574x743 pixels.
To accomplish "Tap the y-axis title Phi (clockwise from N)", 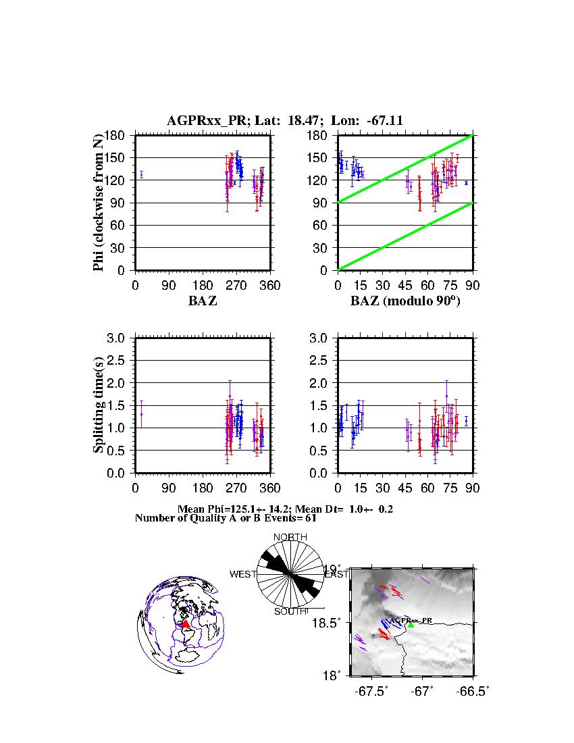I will pos(99,203).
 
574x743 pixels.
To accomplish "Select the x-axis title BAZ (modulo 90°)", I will pos(405,301).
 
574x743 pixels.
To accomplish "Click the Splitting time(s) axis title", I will pos(99,405).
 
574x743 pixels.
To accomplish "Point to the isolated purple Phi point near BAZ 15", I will pos(141,174).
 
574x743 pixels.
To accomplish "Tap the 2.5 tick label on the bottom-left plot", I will pos(122,361).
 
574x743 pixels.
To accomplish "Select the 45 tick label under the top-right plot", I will pos(405,286).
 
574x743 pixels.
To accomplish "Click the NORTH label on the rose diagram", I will pos(290,537).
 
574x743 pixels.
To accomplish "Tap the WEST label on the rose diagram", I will pos(243,575).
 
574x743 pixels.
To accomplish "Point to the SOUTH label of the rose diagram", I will pos(290,612).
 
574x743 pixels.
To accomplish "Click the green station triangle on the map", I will pos(411,625).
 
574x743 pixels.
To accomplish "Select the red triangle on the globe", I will pos(186,624).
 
